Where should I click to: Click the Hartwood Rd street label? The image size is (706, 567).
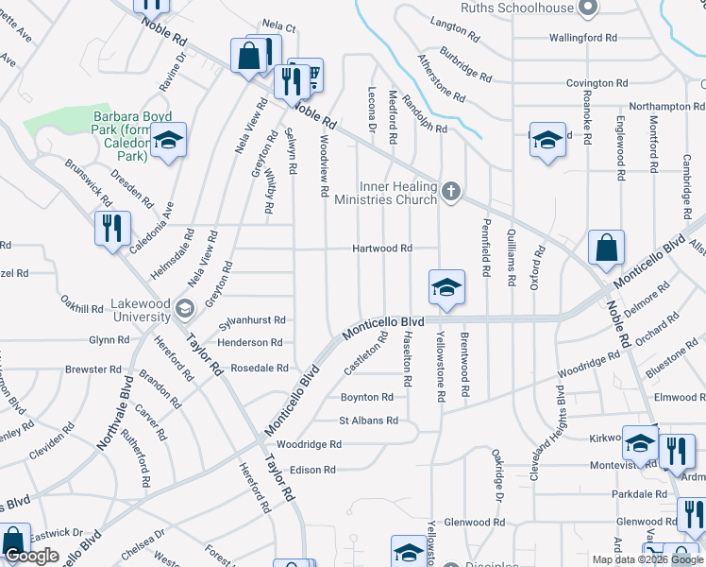[382, 249]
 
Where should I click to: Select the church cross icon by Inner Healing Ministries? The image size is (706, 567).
[451, 192]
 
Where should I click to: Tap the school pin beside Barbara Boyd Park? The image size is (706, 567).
[168, 142]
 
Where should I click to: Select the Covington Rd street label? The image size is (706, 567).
[597, 83]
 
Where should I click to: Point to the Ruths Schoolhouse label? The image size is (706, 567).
[517, 8]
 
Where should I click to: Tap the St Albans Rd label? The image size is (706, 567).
[369, 420]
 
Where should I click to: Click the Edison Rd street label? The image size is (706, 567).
[312, 470]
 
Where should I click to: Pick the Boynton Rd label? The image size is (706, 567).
[366, 398]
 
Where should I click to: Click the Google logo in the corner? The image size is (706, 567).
[31, 556]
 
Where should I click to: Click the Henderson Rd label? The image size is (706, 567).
[251, 343]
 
